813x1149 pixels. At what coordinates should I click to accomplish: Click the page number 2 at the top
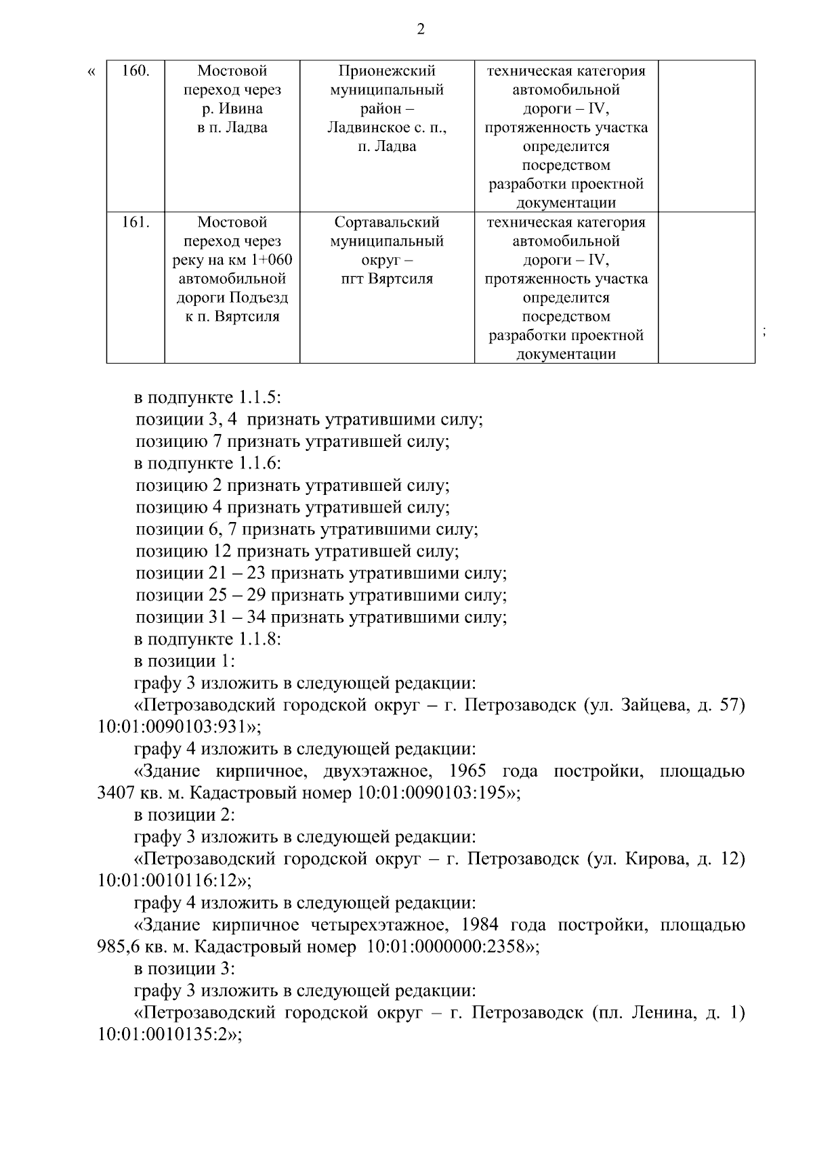point(420,30)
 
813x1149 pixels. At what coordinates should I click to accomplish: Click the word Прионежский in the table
point(387,71)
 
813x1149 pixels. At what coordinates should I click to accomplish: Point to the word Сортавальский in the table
point(387,223)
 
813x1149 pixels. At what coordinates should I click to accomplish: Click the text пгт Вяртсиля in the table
point(387,279)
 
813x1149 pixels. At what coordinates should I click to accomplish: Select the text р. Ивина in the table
point(232,109)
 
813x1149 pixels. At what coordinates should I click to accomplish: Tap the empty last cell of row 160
point(706,135)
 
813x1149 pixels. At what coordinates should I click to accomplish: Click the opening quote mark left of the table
point(92,72)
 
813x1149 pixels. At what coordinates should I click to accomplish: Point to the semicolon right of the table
point(764,332)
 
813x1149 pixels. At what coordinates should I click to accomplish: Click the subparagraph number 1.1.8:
point(259,639)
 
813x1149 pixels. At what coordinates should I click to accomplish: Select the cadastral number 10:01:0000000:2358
point(447,947)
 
